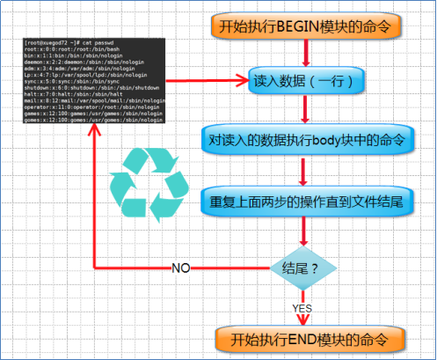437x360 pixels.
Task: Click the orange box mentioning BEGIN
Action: click(x=306, y=26)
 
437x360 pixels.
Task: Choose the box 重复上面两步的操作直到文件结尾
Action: click(x=304, y=200)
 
